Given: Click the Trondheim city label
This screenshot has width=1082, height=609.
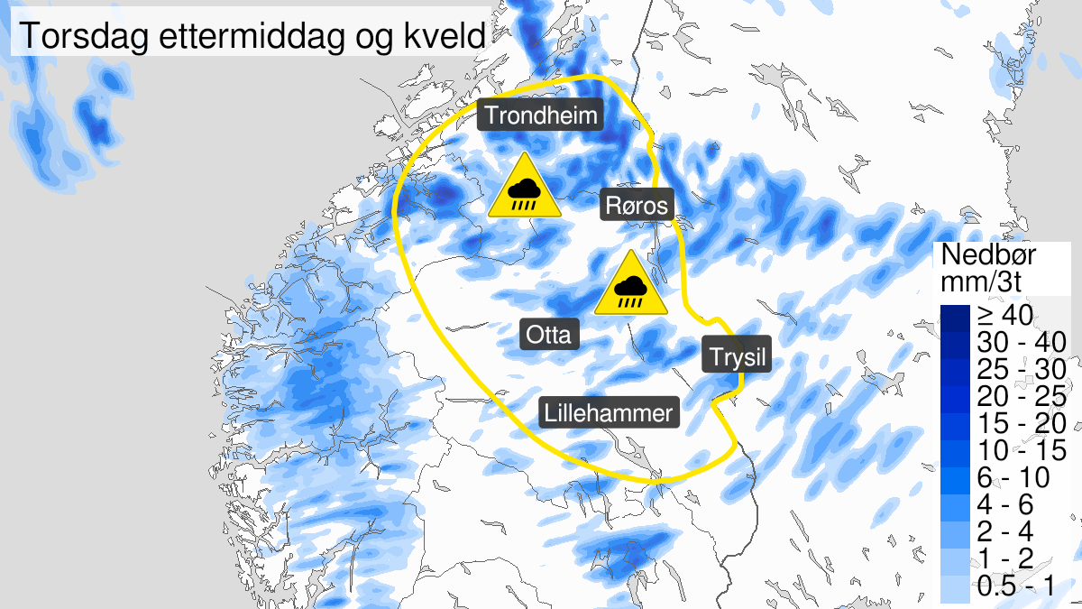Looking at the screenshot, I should point(540,115).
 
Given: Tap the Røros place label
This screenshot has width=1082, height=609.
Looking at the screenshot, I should point(637,207).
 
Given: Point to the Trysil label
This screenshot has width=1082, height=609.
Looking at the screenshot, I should point(737,357).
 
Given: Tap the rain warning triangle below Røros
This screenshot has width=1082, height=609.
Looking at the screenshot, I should point(630,286).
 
